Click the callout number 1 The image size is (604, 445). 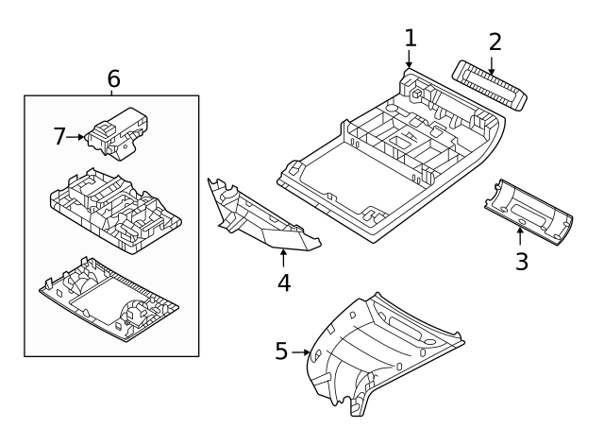click(x=410, y=38)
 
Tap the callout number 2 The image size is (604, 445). click(x=495, y=42)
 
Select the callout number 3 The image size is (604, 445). click(x=522, y=262)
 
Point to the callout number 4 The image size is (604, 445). click(x=284, y=282)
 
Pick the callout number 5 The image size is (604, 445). click(x=280, y=351)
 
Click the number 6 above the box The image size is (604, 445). click(x=113, y=79)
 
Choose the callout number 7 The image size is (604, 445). click(x=59, y=137)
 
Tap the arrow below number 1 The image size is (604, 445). click(x=408, y=60)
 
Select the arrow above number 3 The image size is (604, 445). click(x=520, y=233)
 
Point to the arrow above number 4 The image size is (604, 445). click(x=283, y=255)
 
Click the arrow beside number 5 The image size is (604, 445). click(x=302, y=351)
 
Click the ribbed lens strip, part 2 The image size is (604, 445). click(x=489, y=85)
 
